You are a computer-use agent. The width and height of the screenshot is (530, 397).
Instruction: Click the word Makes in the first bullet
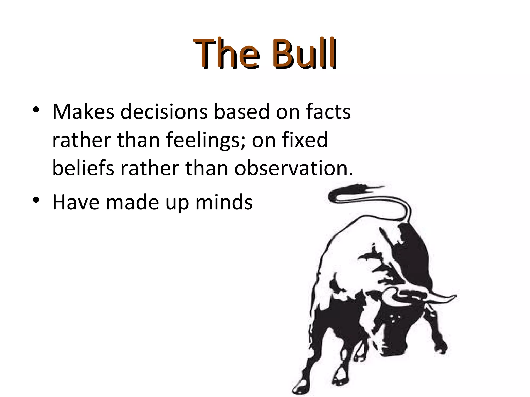click(83, 112)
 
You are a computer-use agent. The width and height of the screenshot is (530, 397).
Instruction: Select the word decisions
click(164, 112)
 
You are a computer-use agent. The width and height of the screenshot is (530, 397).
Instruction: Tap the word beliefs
click(83, 168)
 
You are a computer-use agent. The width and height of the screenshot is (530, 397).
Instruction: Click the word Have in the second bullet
click(76, 202)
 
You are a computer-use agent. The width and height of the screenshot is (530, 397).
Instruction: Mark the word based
click(242, 112)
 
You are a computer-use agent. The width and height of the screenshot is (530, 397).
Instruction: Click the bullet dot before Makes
click(36, 110)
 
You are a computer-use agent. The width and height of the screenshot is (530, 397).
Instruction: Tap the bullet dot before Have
click(36, 200)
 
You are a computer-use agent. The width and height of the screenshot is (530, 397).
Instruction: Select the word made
click(132, 202)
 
